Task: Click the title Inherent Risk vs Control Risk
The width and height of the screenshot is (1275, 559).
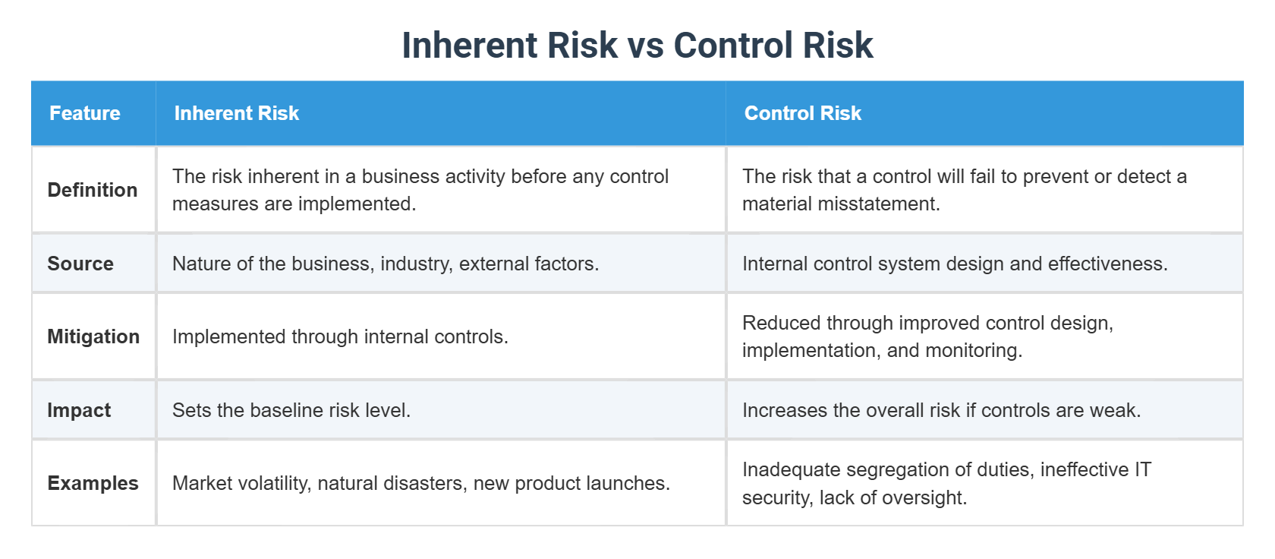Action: pyautogui.click(x=637, y=46)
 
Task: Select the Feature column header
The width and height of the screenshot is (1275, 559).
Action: pyautogui.click(x=85, y=113)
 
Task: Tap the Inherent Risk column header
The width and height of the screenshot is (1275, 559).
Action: pyautogui.click(x=237, y=113)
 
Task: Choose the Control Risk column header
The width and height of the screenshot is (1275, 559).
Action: pyautogui.click(x=803, y=113)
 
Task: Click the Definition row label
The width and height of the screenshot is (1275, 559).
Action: pyautogui.click(x=93, y=190)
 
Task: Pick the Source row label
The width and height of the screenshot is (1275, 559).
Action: pyautogui.click(x=80, y=264)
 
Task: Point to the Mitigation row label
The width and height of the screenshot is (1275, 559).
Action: pyautogui.click(x=93, y=336)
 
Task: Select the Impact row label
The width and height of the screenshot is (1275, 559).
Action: pyautogui.click(x=79, y=410)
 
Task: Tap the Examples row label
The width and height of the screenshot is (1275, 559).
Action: pyautogui.click(x=93, y=483)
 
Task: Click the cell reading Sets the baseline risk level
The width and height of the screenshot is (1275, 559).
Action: pyautogui.click(x=291, y=410)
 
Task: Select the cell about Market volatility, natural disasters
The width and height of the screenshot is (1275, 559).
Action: pyautogui.click(x=421, y=483)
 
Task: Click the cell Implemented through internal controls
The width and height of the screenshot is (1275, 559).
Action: pyautogui.click(x=340, y=336)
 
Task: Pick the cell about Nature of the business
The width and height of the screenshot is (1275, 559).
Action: pyautogui.click(x=386, y=264)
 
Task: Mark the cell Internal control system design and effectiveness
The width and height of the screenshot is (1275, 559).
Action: pyautogui.click(x=955, y=264)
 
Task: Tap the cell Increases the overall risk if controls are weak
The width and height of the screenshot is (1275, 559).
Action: pyautogui.click(x=941, y=410)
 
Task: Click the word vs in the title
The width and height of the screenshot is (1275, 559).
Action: pyautogui.click(x=645, y=46)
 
